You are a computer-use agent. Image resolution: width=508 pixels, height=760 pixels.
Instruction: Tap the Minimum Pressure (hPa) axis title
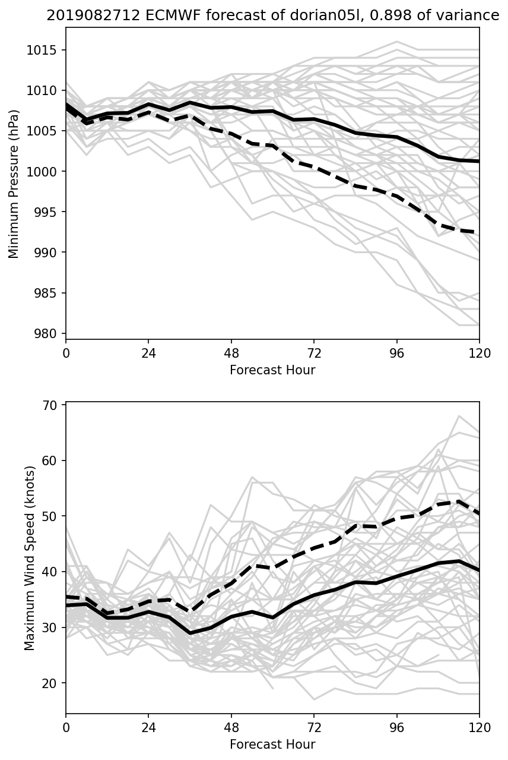(14, 184)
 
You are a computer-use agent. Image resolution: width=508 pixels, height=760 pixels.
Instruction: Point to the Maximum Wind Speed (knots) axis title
(30, 557)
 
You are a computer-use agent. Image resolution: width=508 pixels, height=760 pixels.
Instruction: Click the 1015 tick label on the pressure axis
(46, 50)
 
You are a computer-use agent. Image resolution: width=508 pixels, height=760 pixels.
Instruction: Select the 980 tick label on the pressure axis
(50, 333)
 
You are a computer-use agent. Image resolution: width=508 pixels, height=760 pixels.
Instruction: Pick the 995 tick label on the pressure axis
(50, 212)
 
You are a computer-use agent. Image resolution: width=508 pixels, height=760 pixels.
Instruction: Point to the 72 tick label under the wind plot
(314, 727)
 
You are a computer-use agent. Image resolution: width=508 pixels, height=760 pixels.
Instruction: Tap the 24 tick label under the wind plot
(148, 727)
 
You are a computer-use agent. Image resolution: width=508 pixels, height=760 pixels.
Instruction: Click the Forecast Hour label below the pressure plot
(272, 371)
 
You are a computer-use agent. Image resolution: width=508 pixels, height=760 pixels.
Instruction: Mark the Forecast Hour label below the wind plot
(272, 745)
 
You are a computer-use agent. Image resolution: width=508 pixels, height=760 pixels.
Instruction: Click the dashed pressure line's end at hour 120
(478, 233)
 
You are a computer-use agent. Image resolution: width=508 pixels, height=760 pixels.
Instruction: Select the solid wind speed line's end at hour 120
(478, 570)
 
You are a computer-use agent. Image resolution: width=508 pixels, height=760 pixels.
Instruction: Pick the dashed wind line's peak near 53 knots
(459, 502)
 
